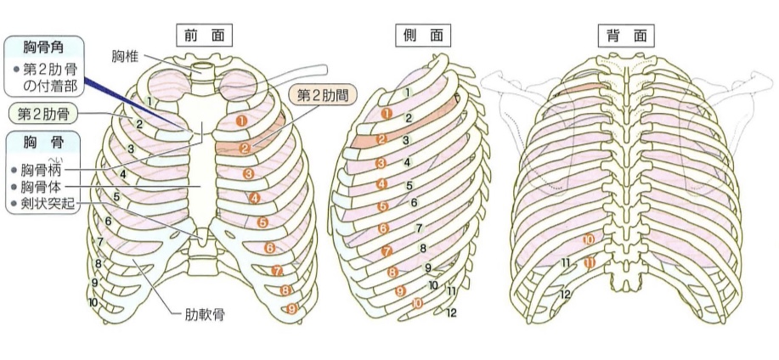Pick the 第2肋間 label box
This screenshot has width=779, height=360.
(323, 94)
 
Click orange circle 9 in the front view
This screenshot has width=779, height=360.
(291, 308)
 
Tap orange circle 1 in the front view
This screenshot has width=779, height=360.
(242, 121)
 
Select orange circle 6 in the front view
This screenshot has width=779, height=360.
(269, 249)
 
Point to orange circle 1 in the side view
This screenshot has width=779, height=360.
(387, 112)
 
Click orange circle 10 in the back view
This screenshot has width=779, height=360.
(589, 241)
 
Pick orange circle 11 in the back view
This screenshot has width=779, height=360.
(589, 263)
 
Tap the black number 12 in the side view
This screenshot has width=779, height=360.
(451, 312)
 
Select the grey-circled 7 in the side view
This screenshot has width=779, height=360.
(418, 229)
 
